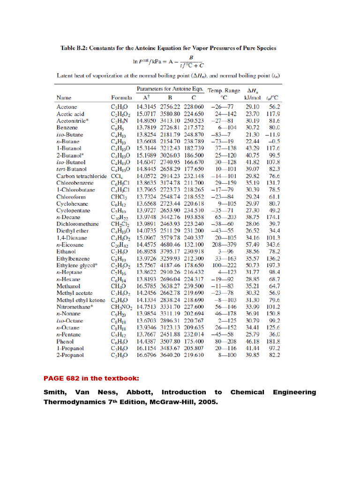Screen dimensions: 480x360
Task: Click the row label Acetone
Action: click(x=67, y=107)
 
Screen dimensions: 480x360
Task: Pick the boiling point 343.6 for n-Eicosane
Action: click(x=273, y=244)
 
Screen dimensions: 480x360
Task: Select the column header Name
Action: click(x=64, y=98)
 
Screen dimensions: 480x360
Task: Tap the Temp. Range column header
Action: click(x=224, y=90)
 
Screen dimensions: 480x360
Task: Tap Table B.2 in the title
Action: click(x=76, y=48)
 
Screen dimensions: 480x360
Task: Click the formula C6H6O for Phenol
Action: click(x=119, y=342)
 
